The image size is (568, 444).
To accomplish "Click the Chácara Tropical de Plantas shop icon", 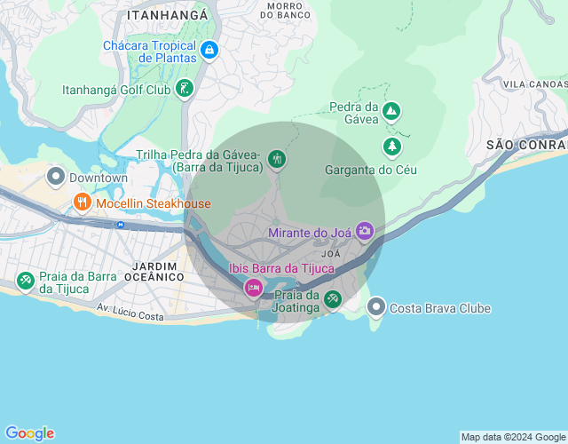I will coord(209,51).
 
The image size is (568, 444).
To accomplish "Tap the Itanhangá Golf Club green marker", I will coord(184,88).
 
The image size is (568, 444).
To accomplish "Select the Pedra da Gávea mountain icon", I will coord(391,112).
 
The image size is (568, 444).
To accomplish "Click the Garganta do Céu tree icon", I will coord(391,145).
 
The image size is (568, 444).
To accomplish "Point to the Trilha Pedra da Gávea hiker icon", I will coord(277,160).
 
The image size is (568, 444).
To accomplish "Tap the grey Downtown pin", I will coord(56,177).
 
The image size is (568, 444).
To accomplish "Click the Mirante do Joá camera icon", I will coord(365,232).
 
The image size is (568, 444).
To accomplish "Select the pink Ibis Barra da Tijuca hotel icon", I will coord(254,287).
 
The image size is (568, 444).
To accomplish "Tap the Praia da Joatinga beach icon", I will coord(332,299).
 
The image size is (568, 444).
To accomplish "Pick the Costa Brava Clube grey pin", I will coord(376,307).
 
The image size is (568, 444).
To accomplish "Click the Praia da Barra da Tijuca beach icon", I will coord(26,281).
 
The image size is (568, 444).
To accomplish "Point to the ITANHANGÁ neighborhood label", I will coord(168,15).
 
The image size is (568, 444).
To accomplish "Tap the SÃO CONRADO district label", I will coord(526,144).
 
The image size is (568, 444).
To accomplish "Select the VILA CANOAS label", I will coord(534,83).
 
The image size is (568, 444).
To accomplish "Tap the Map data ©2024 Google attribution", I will coord(513,437).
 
